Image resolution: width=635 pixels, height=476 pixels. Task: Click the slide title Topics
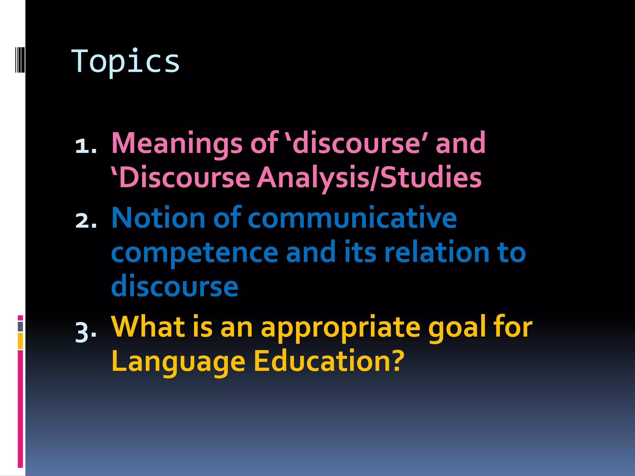125,62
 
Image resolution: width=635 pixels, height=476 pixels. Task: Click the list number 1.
86,145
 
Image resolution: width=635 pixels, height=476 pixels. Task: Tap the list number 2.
86,221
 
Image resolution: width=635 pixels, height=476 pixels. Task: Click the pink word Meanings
177,143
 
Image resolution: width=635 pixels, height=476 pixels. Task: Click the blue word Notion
158,218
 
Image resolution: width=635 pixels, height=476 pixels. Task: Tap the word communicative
352,218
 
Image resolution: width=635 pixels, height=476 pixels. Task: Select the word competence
194,253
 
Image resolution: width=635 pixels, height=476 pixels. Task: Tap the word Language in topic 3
178,362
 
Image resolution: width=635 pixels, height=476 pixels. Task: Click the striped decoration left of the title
20,59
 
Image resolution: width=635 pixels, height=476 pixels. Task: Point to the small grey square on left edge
20,326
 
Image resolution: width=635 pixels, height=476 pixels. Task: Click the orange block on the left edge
20,341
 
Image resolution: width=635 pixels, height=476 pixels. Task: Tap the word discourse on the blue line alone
175,286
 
